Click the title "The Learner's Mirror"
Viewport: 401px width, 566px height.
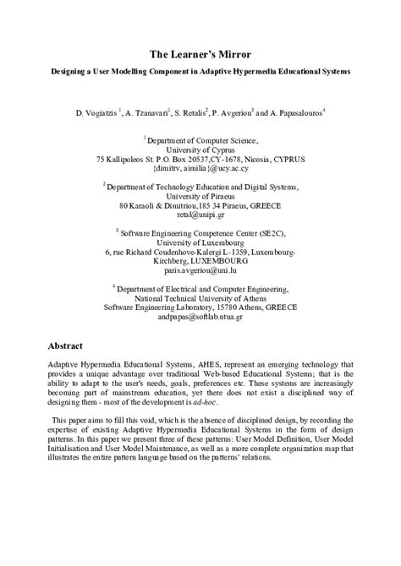point(200,53)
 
